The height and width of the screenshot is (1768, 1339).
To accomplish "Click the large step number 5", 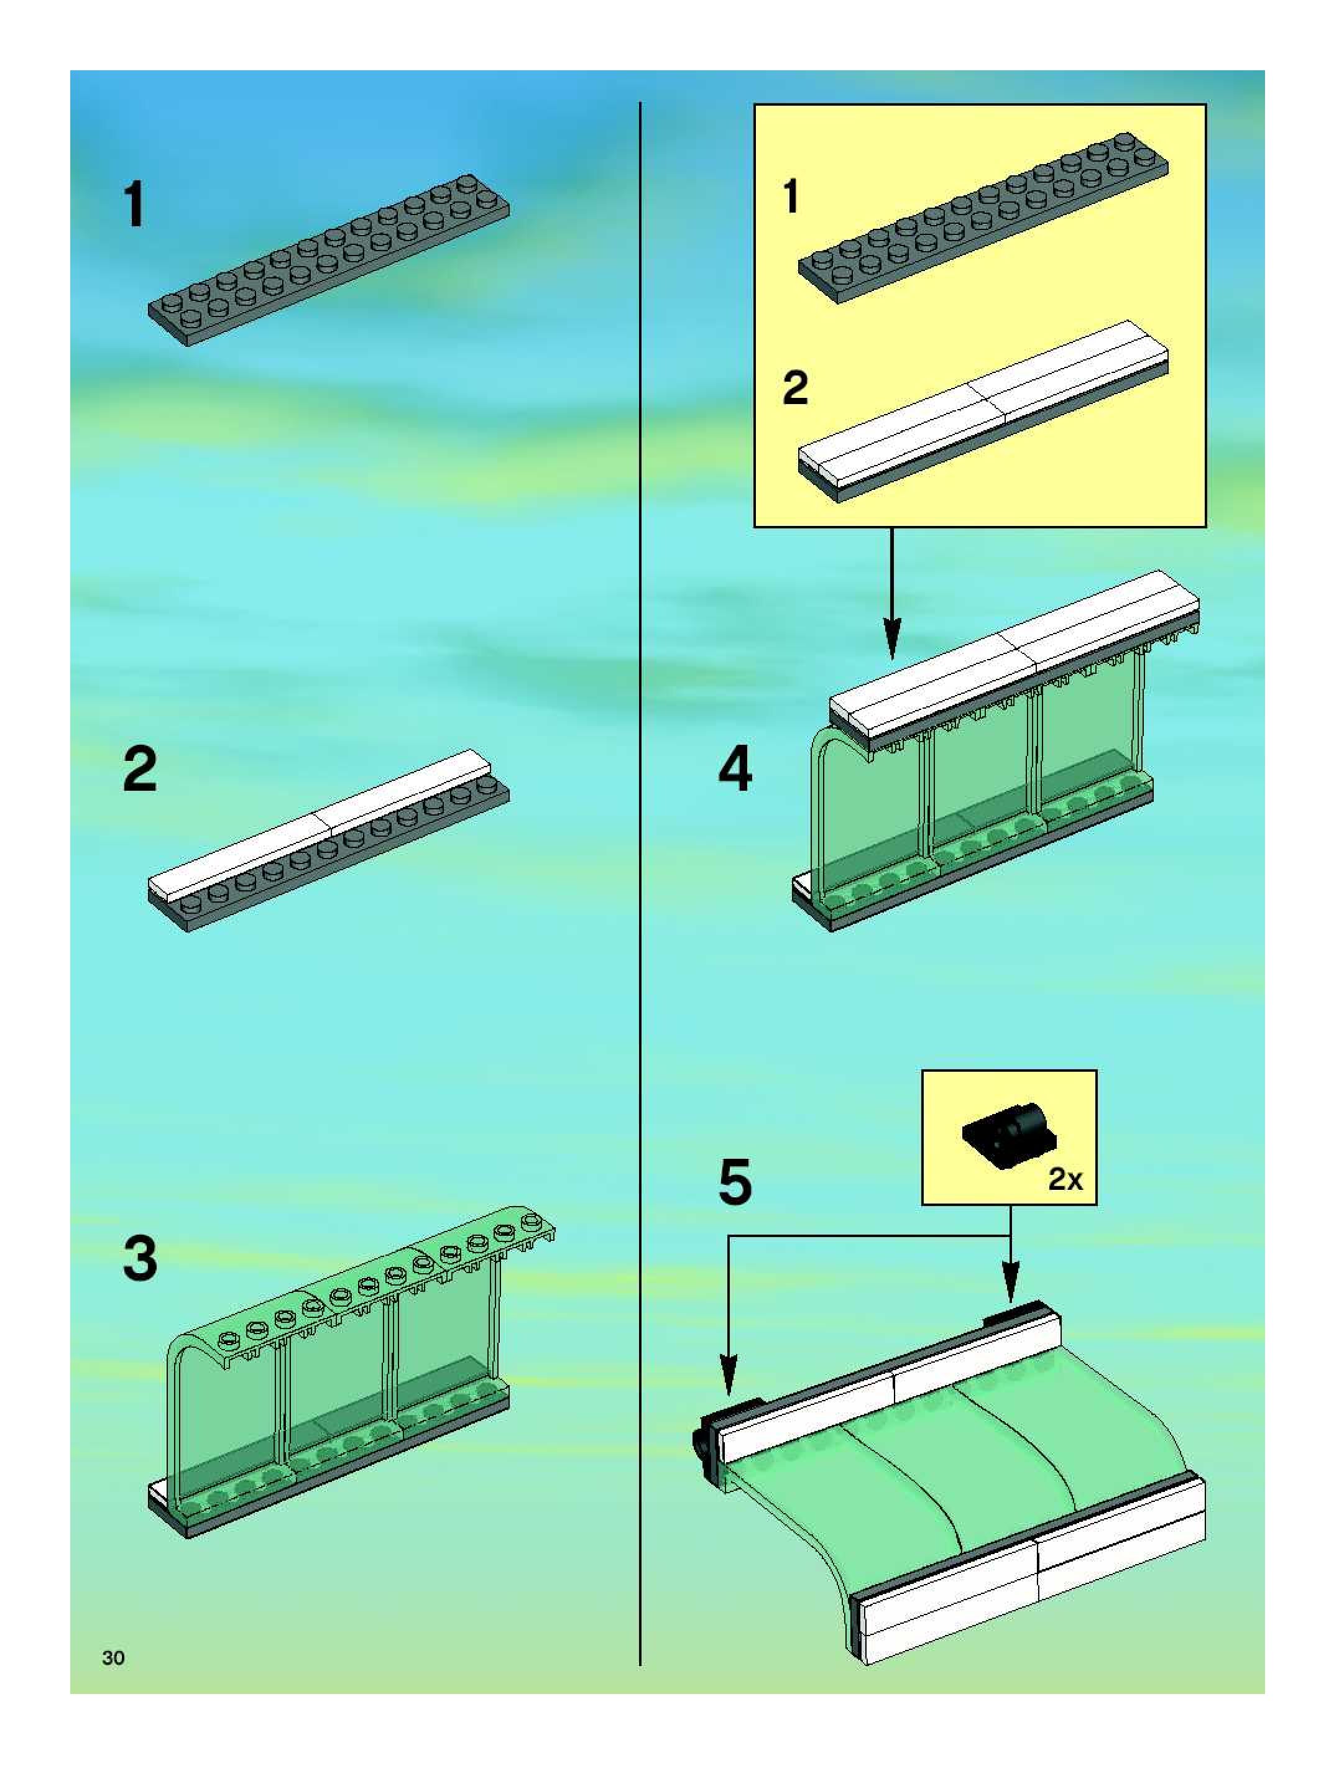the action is pyautogui.click(x=735, y=1183).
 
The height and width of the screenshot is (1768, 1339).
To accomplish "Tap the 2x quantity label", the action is pyautogui.click(x=1065, y=1179).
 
